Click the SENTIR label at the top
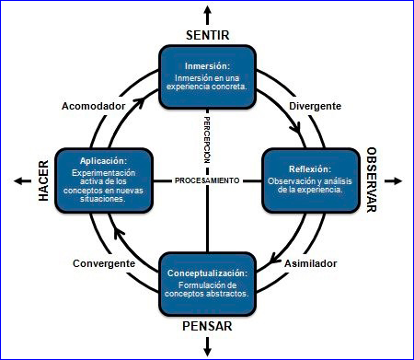click(x=207, y=35)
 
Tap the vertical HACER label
click(x=42, y=180)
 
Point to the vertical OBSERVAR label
click(x=373, y=180)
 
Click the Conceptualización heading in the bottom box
click(x=207, y=273)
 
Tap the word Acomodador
click(x=93, y=106)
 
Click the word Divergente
click(x=316, y=106)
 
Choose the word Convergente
click(x=104, y=263)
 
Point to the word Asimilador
click(x=310, y=263)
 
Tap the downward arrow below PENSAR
click(x=207, y=346)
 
